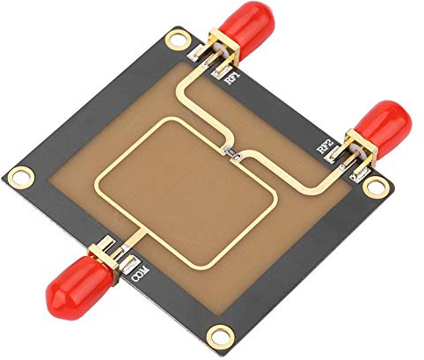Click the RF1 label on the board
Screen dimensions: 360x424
pos(234,79)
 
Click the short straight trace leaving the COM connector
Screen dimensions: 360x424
pos(132,236)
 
